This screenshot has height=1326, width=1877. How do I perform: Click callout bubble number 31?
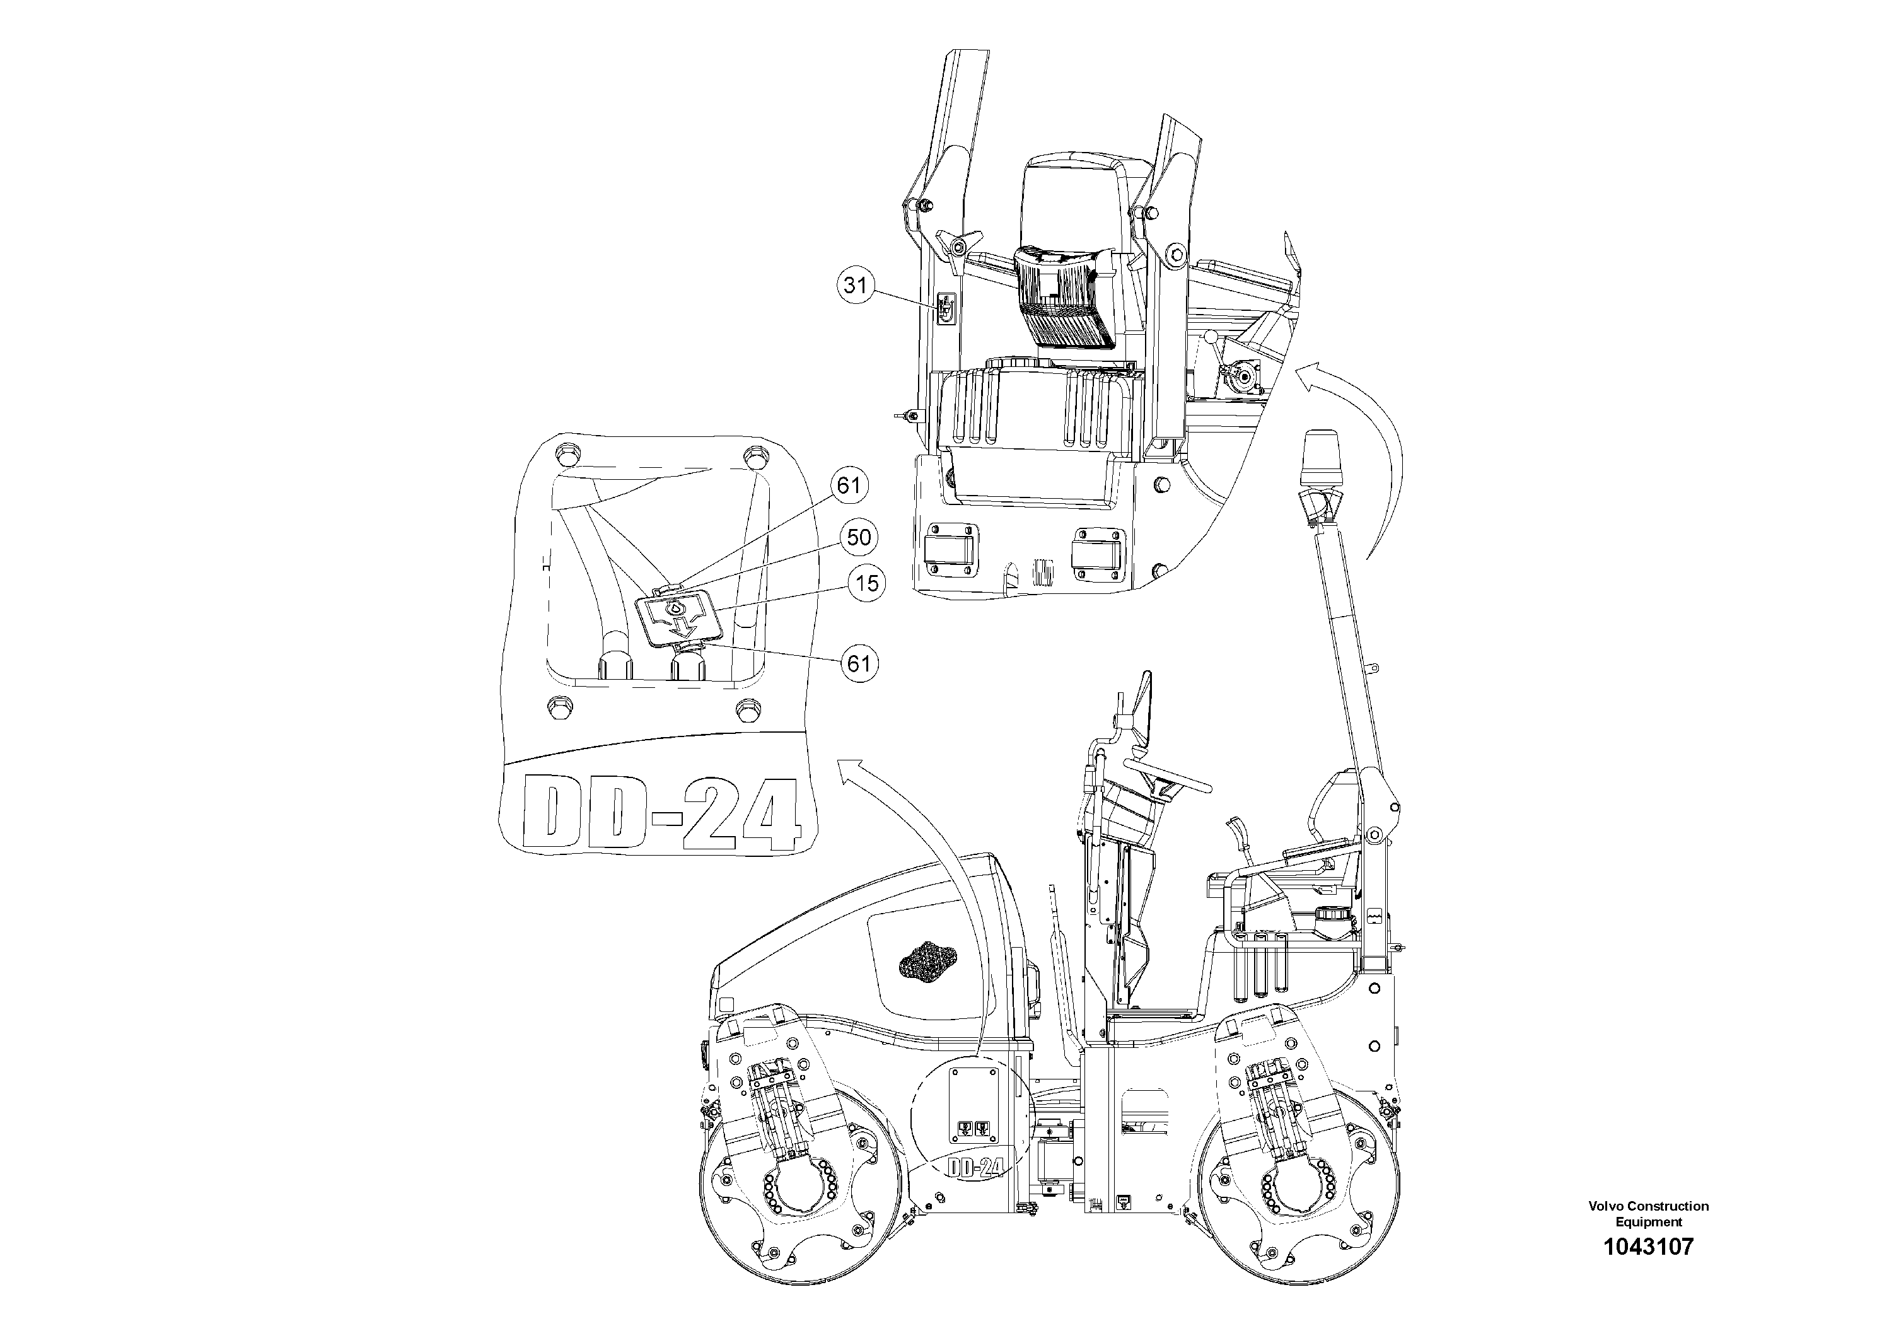[x=855, y=285]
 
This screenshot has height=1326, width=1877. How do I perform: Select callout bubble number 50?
[x=858, y=537]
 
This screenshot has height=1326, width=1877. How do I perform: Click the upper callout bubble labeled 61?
[x=849, y=486]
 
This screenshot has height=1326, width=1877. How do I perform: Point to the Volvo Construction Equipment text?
[x=1648, y=1213]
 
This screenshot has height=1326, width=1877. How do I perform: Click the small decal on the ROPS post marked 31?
[x=946, y=310]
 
